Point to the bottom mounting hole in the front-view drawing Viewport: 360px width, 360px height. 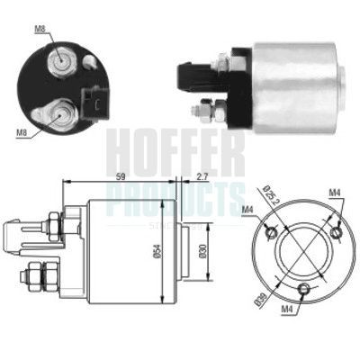tap(304, 289)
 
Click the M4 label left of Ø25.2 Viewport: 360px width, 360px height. tap(248, 211)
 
